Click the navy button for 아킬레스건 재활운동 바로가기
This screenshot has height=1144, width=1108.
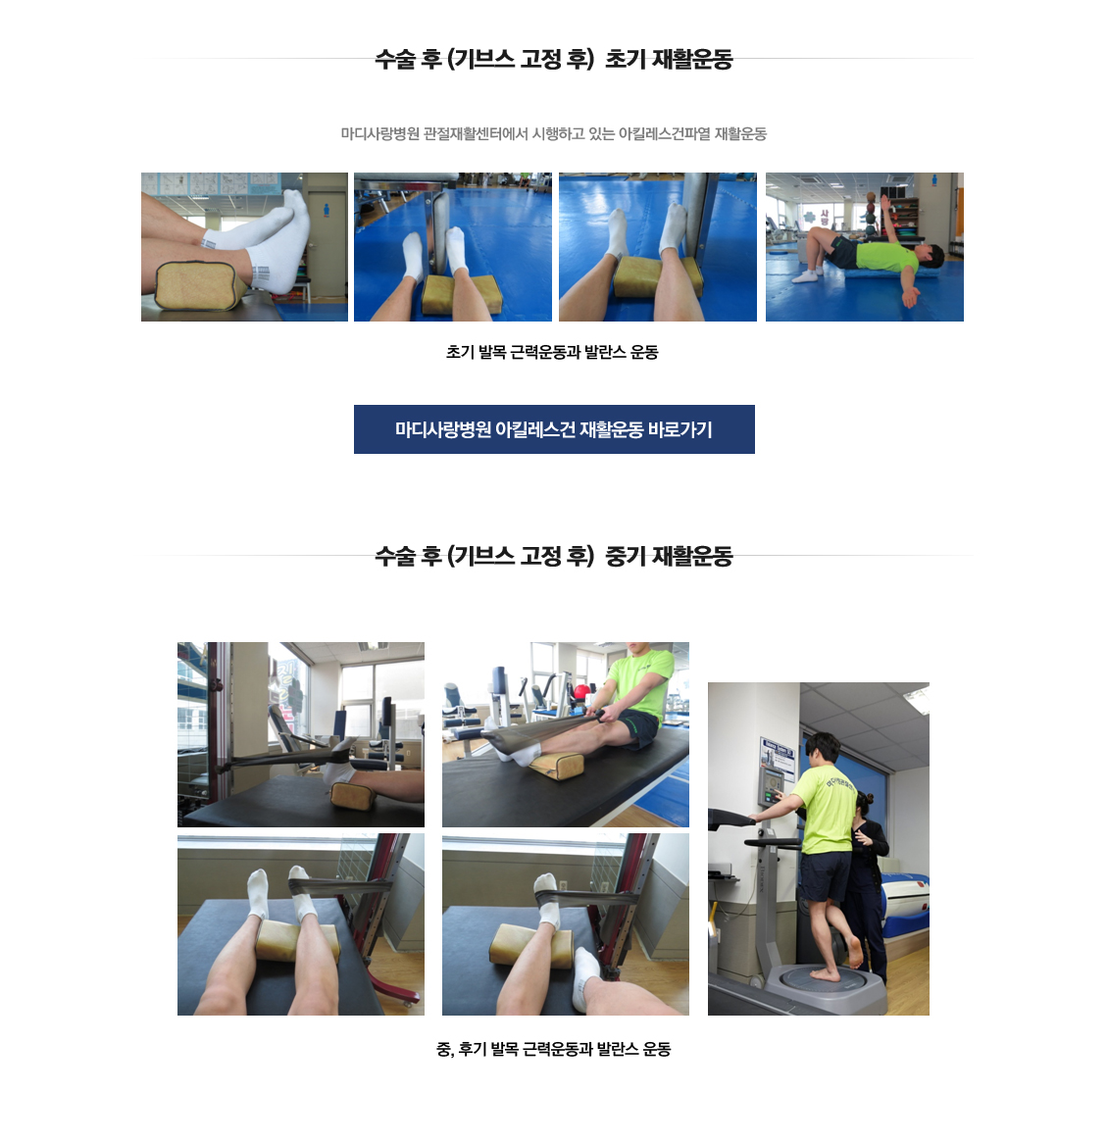tap(554, 429)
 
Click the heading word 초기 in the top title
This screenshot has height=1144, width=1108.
tap(625, 59)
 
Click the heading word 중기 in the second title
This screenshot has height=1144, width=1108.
tap(625, 556)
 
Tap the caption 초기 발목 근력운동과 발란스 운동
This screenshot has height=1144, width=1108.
tap(552, 352)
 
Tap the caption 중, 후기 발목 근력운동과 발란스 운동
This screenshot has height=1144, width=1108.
tap(553, 1049)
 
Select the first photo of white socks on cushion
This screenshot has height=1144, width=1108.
tap(244, 247)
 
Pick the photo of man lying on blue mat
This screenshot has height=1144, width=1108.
tap(864, 247)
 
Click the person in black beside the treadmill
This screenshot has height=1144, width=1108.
tap(869, 863)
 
